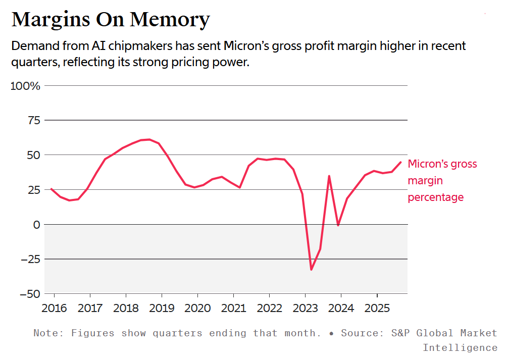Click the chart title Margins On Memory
click(110, 20)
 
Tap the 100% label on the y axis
click(25, 86)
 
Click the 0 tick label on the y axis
click(36, 224)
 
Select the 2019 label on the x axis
click(162, 307)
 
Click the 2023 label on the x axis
click(305, 307)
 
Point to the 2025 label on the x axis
click(377, 307)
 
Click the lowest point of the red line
click(311, 270)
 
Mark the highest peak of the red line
click(149, 139)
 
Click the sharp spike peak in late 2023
click(329, 176)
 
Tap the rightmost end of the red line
click(401, 162)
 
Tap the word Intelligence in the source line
click(460, 347)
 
